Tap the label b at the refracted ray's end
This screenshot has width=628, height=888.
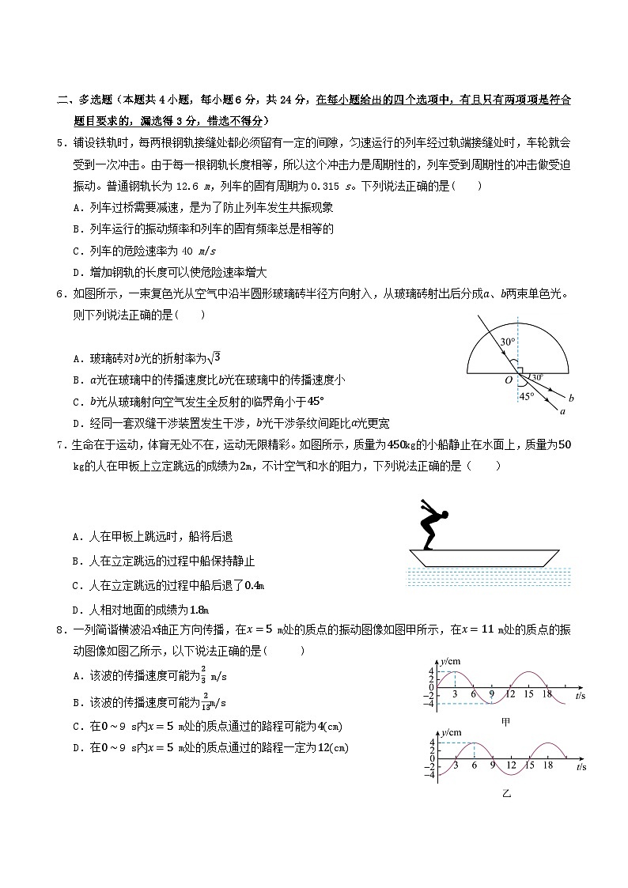571,397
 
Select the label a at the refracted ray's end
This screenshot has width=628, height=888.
563,411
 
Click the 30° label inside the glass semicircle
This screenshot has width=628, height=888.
507,342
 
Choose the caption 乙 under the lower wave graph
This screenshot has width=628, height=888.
506,792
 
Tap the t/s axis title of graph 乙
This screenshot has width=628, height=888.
581,767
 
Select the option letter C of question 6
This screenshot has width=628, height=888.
75,401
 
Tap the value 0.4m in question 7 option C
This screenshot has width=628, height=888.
253,586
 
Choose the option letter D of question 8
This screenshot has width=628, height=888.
75,748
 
